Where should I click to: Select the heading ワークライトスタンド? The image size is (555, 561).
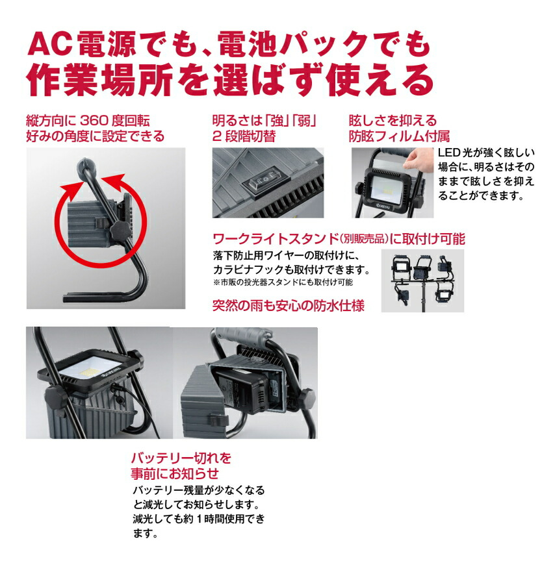[x=276, y=239]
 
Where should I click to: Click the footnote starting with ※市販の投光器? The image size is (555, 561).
[x=283, y=282]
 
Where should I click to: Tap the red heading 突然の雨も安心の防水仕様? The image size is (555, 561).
[x=289, y=306]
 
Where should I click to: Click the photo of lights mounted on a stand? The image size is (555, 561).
[x=422, y=280]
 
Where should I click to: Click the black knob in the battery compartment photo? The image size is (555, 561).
[x=307, y=397]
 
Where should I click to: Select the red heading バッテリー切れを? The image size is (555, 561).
[x=181, y=458]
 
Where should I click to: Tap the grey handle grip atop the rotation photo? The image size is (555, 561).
[x=86, y=166]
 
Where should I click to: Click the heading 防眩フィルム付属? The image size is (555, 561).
[x=399, y=136]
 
